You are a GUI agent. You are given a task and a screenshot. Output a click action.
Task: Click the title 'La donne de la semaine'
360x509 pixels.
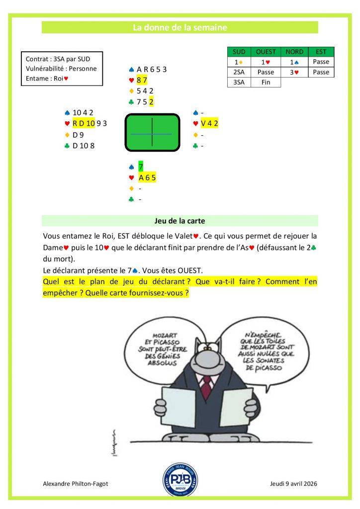coord(180,28)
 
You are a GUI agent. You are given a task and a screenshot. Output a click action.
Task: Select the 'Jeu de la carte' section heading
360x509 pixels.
coord(180,221)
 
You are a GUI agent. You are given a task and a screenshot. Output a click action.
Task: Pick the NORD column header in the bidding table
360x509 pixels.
coord(294,52)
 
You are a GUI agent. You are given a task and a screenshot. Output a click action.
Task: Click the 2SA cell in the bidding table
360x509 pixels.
coord(239,72)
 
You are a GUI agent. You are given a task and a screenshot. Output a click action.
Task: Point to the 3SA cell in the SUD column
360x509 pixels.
coord(239,83)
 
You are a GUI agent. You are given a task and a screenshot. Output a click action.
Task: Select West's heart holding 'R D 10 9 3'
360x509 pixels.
coord(89,123)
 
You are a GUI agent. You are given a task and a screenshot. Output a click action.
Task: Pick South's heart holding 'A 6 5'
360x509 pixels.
coord(148,177)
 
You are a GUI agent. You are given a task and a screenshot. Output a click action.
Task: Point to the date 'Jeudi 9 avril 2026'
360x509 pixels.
coord(293,483)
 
